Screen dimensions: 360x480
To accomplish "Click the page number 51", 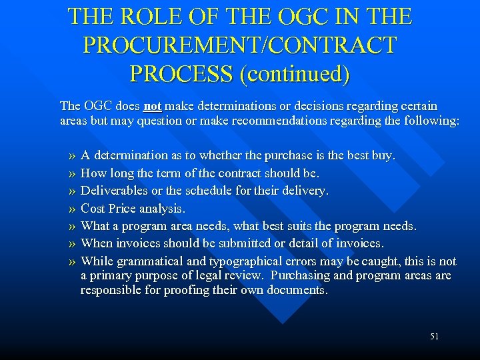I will (x=434, y=337).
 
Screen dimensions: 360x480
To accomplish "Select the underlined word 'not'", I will (x=153, y=106).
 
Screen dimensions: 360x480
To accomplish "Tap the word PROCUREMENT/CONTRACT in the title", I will (x=240, y=45).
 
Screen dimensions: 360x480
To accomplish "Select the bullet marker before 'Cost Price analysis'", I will (x=71, y=209).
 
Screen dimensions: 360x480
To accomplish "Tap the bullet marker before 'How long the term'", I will (x=71, y=173).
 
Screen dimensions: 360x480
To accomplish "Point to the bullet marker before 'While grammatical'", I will (x=71, y=262).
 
